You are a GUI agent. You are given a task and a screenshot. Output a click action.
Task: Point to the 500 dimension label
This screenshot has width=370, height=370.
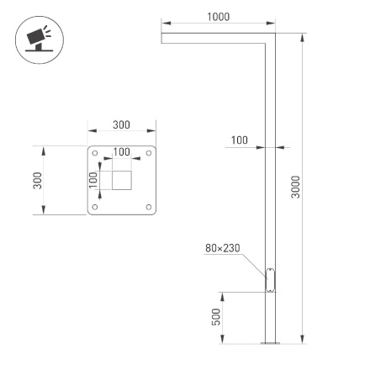(x=216, y=317)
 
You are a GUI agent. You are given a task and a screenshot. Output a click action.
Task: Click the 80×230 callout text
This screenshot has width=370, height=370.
(x=222, y=249)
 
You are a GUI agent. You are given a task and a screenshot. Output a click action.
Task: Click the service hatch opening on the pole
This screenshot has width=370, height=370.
(x=271, y=278)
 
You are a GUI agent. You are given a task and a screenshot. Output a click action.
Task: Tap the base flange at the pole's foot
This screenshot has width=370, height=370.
(x=271, y=343)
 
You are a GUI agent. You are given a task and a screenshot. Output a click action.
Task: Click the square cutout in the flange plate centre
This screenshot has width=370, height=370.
(x=122, y=180)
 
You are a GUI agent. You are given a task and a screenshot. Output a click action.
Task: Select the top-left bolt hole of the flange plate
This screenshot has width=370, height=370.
(x=95, y=154)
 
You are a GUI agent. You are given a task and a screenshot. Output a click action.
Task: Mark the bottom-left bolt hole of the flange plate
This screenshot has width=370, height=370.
(x=95, y=207)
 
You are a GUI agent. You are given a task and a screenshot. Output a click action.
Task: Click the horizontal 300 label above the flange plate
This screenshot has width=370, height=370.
(x=121, y=125)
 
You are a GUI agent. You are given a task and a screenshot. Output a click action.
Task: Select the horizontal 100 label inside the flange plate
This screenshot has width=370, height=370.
(x=122, y=152)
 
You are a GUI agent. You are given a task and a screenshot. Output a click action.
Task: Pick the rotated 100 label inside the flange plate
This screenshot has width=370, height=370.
(x=93, y=179)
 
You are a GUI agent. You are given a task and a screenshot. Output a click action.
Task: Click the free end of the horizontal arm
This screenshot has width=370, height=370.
(x=164, y=38)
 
